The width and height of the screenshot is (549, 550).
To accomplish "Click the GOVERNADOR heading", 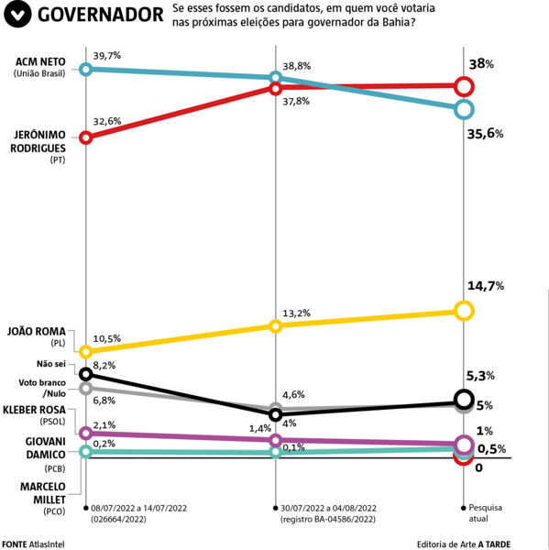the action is click(x=100, y=15).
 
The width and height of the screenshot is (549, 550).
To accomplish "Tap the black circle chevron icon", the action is click(x=17, y=14).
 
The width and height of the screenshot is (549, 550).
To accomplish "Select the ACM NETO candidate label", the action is click(x=40, y=61).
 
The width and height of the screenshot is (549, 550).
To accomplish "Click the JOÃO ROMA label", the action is click(x=37, y=332).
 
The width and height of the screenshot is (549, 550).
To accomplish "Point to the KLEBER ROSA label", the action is click(x=34, y=410).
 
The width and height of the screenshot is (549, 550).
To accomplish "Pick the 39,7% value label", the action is click(x=107, y=55).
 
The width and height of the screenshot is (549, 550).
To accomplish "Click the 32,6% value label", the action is click(x=107, y=121).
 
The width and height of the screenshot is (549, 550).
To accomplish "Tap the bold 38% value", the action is click(x=481, y=64).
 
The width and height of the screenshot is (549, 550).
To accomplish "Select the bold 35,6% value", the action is click(x=485, y=134).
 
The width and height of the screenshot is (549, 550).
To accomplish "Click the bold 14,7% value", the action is click(x=486, y=286).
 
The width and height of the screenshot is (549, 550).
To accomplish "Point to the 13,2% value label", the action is click(x=296, y=313).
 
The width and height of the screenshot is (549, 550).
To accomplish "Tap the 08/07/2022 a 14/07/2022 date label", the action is click(x=138, y=508).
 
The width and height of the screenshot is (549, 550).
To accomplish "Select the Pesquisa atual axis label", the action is click(x=485, y=512).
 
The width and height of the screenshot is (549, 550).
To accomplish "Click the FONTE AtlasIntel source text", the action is click(x=33, y=544).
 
